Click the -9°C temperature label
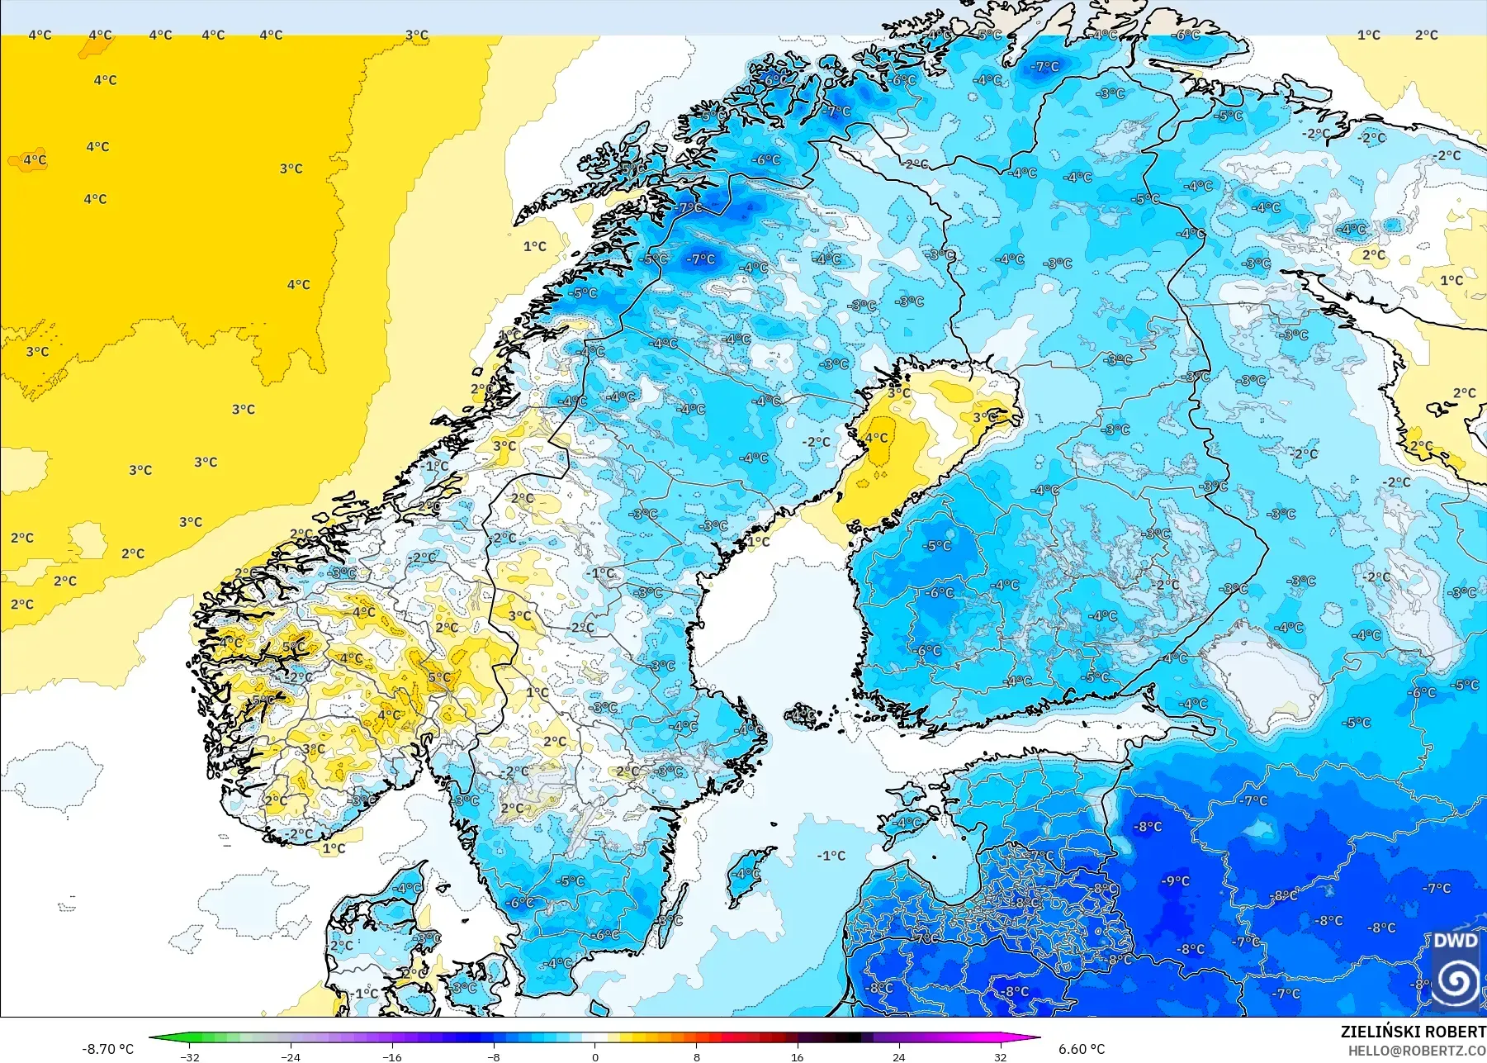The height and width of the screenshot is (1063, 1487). pyautogui.click(x=1176, y=881)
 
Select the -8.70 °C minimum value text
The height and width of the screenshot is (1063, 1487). pyautogui.click(x=107, y=1049)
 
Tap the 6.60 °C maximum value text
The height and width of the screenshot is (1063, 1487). pyautogui.click(x=1082, y=1049)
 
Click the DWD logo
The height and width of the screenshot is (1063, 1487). pyautogui.click(x=1455, y=970)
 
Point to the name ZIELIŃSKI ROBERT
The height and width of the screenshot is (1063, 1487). pyautogui.click(x=1413, y=1032)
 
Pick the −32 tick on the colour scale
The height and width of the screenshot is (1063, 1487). pyautogui.click(x=190, y=1056)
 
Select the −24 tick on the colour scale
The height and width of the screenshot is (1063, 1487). pyautogui.click(x=291, y=1056)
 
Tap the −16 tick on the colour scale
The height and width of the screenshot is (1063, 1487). pyautogui.click(x=392, y=1056)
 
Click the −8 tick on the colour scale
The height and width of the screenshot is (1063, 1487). pyautogui.click(x=494, y=1056)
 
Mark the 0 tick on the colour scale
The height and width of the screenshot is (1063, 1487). pyautogui.click(x=595, y=1056)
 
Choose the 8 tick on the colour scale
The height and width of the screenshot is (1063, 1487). pyautogui.click(x=696, y=1056)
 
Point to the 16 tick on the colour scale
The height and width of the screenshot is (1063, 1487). pyautogui.click(x=797, y=1056)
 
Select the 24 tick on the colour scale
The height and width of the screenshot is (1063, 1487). pyautogui.click(x=898, y=1056)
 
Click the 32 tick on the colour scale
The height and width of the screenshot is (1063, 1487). pyautogui.click(x=1000, y=1056)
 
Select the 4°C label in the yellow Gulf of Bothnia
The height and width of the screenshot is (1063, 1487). pyautogui.click(x=876, y=438)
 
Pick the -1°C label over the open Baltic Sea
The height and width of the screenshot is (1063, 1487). pyautogui.click(x=831, y=856)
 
